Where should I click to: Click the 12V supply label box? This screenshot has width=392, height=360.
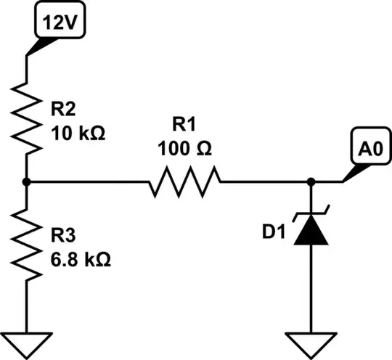point(60,22)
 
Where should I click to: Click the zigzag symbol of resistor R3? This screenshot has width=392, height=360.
point(26,247)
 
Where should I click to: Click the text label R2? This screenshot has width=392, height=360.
point(63,110)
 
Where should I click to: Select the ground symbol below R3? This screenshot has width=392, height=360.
point(26,341)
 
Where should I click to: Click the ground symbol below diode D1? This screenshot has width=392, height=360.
point(312,341)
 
